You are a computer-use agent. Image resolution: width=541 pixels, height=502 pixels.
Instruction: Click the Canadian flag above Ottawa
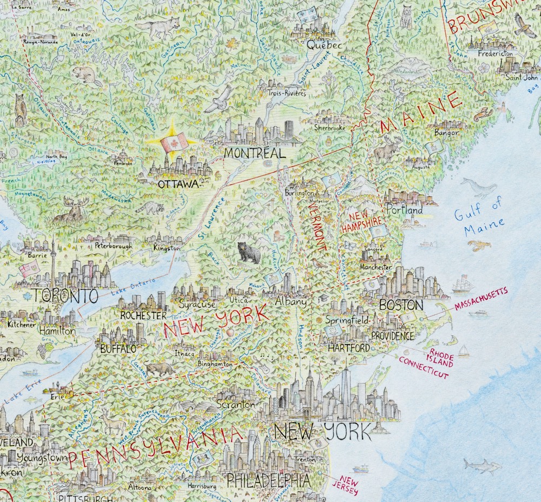(174, 142)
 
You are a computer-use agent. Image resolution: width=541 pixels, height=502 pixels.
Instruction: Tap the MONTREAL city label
(254, 154)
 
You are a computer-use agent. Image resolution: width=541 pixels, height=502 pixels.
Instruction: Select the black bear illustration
(249, 253)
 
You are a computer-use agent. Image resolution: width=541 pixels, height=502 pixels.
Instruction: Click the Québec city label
(325, 46)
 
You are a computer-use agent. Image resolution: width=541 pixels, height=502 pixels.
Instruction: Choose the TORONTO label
(65, 296)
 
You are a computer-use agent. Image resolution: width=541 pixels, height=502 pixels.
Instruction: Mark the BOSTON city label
(401, 305)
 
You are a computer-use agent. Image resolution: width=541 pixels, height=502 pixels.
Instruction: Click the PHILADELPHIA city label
(268, 479)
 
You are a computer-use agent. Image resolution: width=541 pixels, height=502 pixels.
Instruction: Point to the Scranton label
(235, 404)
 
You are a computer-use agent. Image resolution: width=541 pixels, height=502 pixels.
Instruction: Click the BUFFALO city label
(117, 349)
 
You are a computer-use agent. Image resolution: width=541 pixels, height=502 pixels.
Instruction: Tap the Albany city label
(291, 302)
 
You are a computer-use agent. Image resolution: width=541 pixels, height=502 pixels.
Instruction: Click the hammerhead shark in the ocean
(481, 464)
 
